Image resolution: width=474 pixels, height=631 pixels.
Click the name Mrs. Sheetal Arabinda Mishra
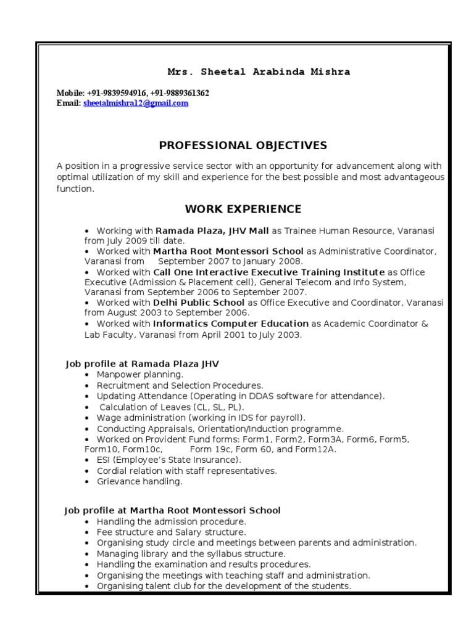pyautogui.click(x=259, y=72)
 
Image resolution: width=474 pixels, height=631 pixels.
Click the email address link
pyautogui.click(x=136, y=104)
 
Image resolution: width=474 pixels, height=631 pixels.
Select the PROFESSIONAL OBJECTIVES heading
pyautogui.click(x=243, y=145)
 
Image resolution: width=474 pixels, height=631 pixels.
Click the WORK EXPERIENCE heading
pyautogui.click(x=243, y=209)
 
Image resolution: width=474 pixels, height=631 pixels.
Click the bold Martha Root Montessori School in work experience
pyautogui.click(x=228, y=251)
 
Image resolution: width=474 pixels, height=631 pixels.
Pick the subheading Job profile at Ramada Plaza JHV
pyautogui.click(x=142, y=364)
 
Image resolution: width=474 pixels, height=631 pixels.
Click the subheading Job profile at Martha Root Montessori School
pyautogui.click(x=173, y=510)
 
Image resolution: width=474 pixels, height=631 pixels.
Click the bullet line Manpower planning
pyautogui.click(x=139, y=374)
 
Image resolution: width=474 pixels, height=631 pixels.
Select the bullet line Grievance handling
pyautogui.click(x=139, y=481)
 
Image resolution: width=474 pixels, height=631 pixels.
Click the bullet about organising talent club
pyautogui.click(x=223, y=585)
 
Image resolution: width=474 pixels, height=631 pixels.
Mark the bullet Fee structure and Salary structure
pyautogui.click(x=171, y=532)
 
